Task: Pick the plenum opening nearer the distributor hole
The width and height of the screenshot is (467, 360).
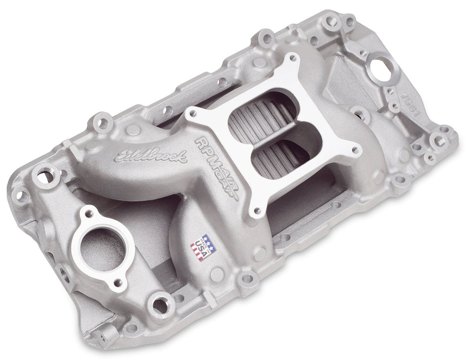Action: (x=267, y=111)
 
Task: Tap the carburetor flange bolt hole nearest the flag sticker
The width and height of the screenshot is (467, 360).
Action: (x=256, y=210)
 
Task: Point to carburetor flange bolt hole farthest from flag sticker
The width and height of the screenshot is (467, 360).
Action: (x=293, y=59)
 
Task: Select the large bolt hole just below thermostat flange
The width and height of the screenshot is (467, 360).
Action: (x=160, y=306)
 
